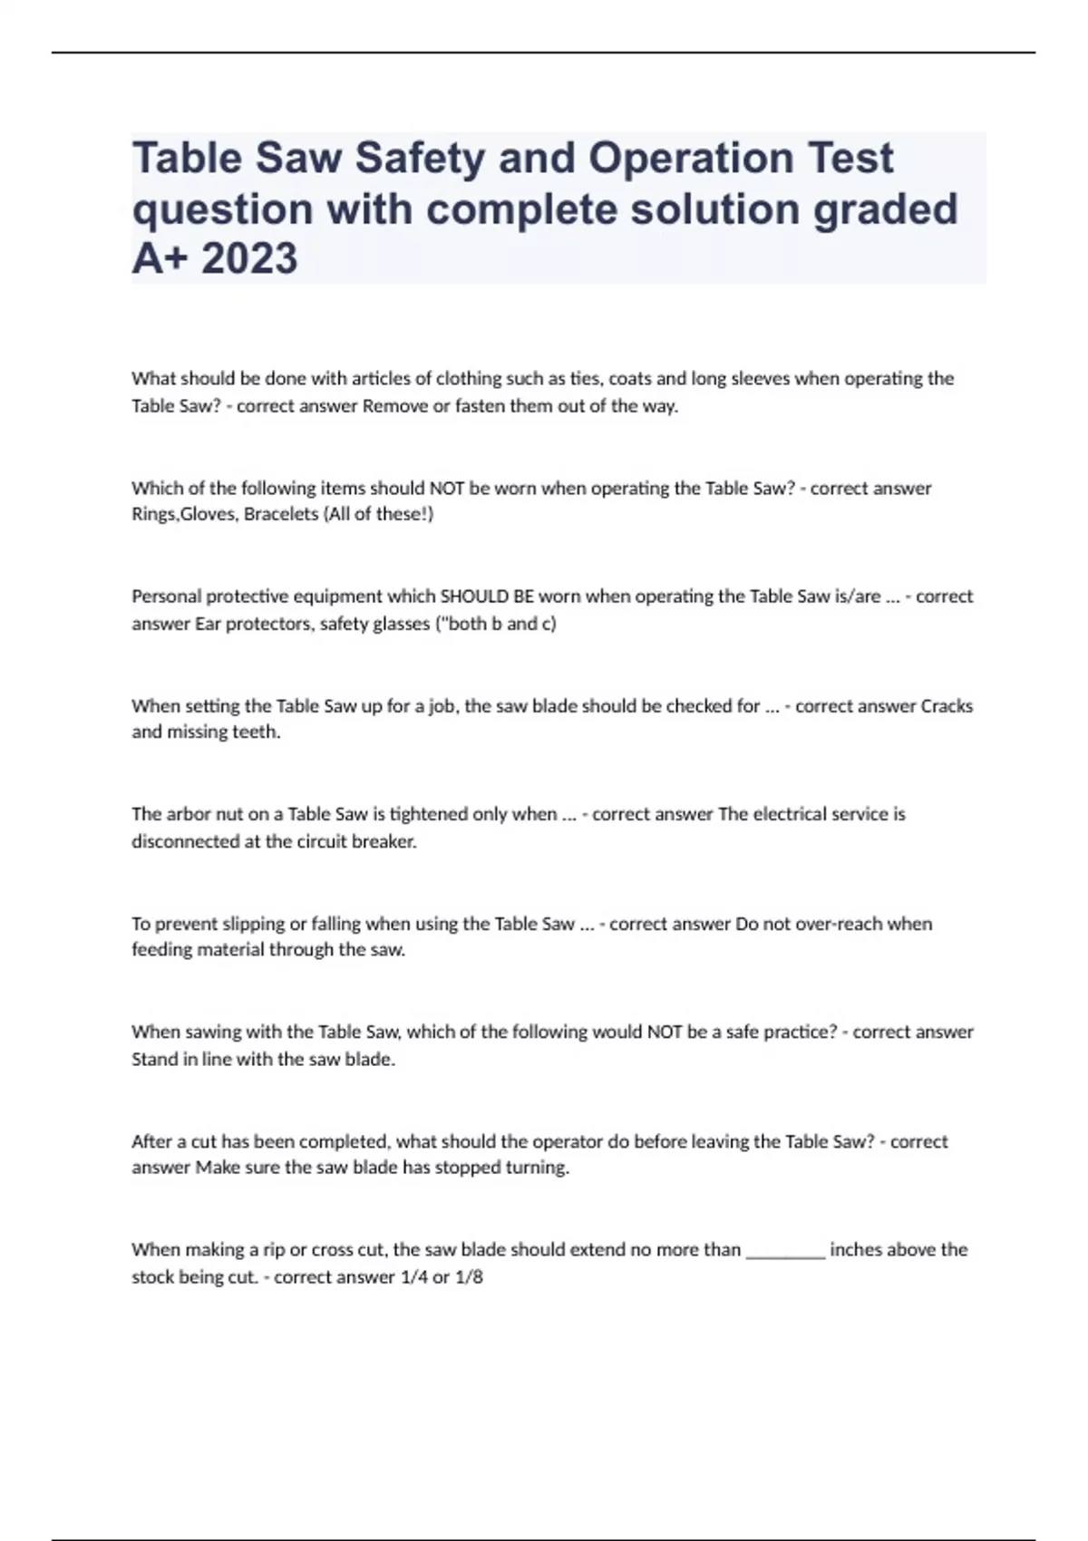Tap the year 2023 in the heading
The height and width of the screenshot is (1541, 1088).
pyautogui.click(x=249, y=257)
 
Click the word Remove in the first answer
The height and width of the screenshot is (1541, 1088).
pyautogui.click(x=394, y=405)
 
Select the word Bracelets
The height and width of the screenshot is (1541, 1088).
pyautogui.click(x=281, y=514)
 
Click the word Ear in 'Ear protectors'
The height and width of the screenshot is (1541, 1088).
pyautogui.click(x=208, y=624)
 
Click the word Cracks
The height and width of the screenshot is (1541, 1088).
pyautogui.click(x=947, y=705)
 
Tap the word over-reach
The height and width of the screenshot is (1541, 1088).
pyautogui.click(x=809, y=924)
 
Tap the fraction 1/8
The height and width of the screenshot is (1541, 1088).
pyautogui.click(x=470, y=1277)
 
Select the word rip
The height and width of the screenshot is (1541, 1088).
pyautogui.click(x=274, y=1250)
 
